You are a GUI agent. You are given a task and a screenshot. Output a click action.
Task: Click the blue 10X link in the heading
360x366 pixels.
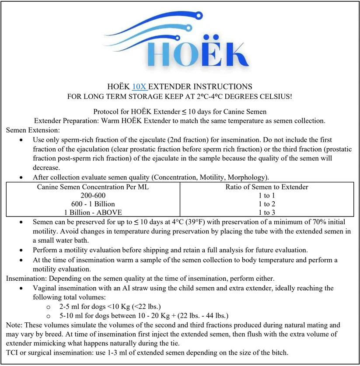point(140,87)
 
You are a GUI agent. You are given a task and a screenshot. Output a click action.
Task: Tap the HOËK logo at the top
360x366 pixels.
point(179,44)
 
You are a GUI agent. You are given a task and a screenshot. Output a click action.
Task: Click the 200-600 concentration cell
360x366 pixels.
point(93,195)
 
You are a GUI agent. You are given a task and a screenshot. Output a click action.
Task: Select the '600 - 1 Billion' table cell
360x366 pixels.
point(93,204)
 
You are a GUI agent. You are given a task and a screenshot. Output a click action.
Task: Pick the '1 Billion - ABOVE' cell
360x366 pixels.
point(93,212)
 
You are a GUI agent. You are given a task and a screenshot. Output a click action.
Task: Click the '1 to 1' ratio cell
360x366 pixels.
point(267,195)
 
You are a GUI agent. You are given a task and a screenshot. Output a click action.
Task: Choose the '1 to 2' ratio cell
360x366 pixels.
point(267,204)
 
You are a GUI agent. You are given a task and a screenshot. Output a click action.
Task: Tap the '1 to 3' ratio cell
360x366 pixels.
point(267,212)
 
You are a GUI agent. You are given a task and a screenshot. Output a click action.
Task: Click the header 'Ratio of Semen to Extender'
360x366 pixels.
point(267,187)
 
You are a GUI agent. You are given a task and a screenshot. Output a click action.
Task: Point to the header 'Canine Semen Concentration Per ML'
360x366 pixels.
point(93,187)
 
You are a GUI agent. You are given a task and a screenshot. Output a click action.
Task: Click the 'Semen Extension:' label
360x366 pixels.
point(33,130)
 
